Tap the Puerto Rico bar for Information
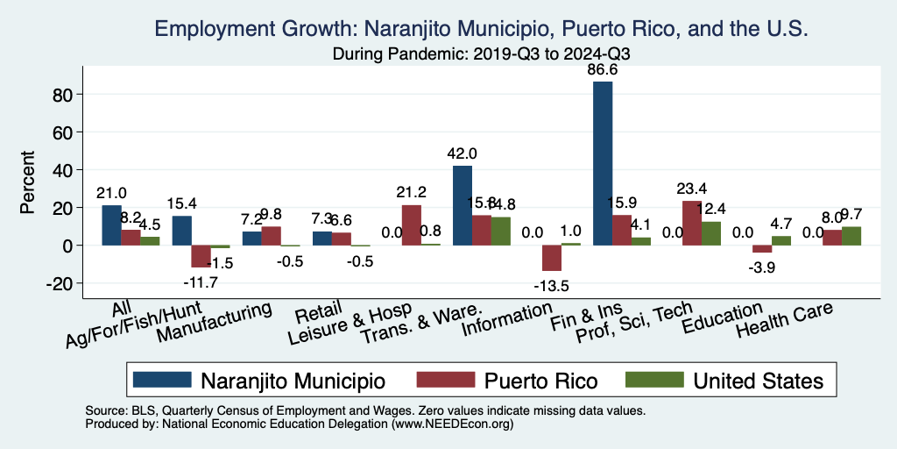[x=552, y=258]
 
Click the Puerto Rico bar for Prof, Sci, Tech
[x=692, y=223]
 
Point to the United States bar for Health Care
[x=851, y=236]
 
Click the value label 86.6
[x=603, y=70]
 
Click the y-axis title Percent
[x=28, y=183]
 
